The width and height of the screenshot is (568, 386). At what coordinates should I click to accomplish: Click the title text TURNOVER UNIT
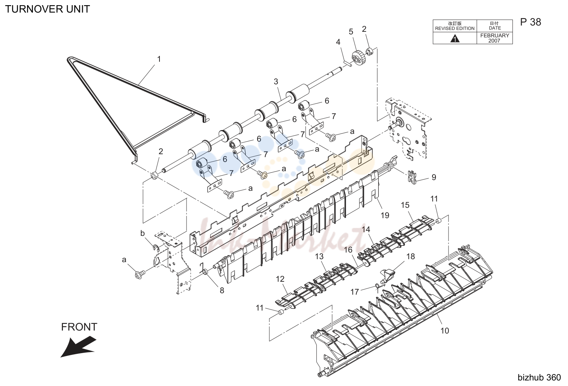(x=47, y=9)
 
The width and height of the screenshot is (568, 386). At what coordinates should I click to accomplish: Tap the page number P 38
(x=531, y=22)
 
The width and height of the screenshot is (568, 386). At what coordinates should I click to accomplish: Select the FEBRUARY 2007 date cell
(x=494, y=38)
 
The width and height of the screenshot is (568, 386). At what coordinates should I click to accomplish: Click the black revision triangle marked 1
(x=455, y=39)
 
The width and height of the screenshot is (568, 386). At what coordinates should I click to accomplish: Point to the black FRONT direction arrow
(x=78, y=347)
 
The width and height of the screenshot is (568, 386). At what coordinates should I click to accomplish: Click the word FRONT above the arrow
(x=79, y=327)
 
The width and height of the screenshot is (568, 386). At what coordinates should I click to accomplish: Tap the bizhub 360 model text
(x=539, y=377)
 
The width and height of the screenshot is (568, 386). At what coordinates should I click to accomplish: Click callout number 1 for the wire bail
(x=159, y=59)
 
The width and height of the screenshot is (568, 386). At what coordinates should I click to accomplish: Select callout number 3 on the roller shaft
(x=276, y=82)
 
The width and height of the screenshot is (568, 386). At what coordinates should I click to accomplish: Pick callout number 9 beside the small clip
(x=434, y=177)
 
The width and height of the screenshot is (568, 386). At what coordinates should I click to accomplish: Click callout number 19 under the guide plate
(x=385, y=216)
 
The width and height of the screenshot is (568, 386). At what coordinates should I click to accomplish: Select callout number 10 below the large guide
(x=445, y=331)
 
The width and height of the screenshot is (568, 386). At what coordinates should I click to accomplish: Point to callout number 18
(x=411, y=257)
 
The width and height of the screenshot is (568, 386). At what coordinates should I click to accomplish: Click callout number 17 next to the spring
(x=354, y=292)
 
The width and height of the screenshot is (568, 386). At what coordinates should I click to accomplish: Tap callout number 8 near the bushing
(x=222, y=291)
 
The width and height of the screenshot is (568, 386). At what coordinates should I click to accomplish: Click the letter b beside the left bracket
(x=142, y=233)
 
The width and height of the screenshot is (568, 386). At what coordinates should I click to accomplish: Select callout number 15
(x=405, y=205)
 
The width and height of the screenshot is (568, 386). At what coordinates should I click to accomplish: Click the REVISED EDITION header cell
(x=455, y=26)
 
